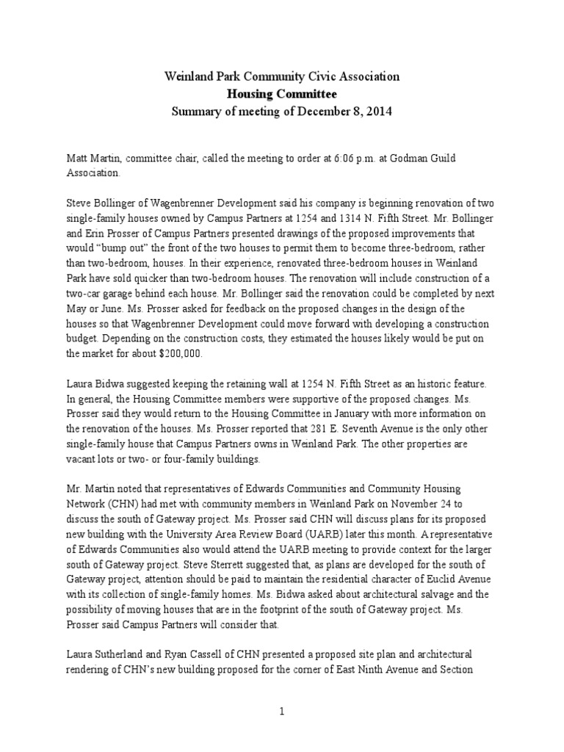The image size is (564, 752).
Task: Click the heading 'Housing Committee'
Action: [x=281, y=94]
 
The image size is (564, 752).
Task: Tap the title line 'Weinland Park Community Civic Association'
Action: [x=281, y=76]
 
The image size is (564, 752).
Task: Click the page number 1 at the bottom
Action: [x=281, y=712]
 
